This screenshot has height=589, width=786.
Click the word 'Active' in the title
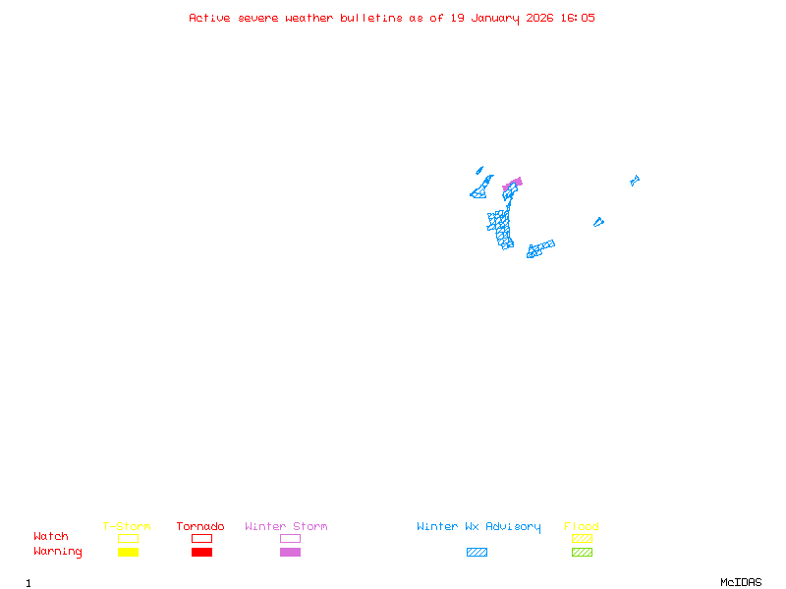210,18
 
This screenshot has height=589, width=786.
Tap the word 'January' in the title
496,18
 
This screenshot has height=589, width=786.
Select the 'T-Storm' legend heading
127,527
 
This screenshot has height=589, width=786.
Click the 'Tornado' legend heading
200,527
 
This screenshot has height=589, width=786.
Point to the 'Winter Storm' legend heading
286,527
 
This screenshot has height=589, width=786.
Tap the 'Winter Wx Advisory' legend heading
478,527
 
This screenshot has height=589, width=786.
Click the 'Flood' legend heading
582,527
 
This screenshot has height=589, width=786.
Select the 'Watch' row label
51,537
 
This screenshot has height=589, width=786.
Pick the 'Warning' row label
58,552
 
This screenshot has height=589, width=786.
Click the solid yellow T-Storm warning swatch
128,553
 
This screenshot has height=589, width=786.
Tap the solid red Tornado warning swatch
201,553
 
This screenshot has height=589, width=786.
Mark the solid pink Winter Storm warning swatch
290,553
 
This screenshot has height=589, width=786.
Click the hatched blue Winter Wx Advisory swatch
477,553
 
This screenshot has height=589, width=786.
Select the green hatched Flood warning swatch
582,553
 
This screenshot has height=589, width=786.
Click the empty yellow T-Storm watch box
128,538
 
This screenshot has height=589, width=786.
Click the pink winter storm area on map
512,184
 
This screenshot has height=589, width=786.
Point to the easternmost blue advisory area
635,180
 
